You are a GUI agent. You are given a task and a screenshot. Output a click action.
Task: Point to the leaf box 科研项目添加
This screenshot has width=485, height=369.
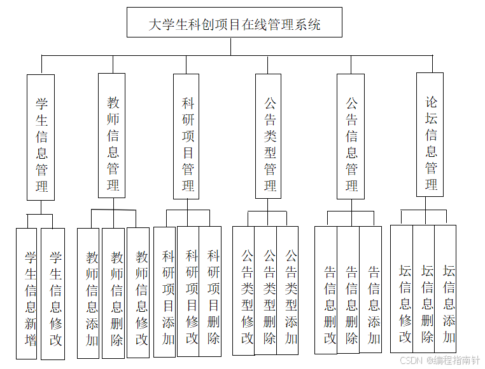click(x=165, y=292)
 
